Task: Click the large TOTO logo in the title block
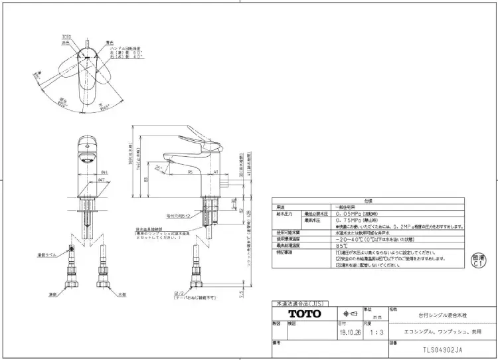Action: pyautogui.click(x=304, y=313)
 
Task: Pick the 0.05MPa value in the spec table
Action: pyautogui.click(x=349, y=215)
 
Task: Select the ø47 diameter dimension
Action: pyautogui.click(x=100, y=179)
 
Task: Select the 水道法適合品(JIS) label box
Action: pyautogui.click(x=295, y=303)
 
